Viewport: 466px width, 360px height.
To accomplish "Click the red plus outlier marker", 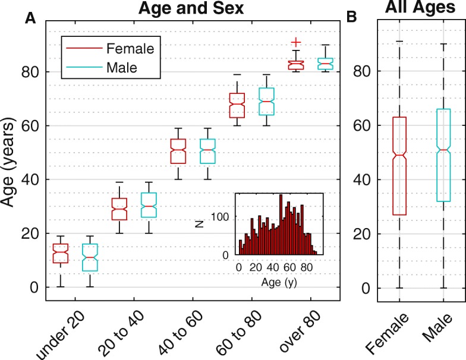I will click(x=295, y=42).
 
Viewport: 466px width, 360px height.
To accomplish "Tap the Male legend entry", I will click(x=121, y=68).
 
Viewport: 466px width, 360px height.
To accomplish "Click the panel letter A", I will click(x=29, y=20).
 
